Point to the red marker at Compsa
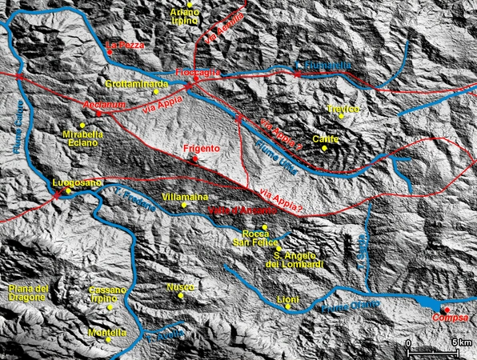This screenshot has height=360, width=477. (x=447, y=310)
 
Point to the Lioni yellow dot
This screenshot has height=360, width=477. (x=288, y=306)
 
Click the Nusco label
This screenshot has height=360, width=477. (x=180, y=286)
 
